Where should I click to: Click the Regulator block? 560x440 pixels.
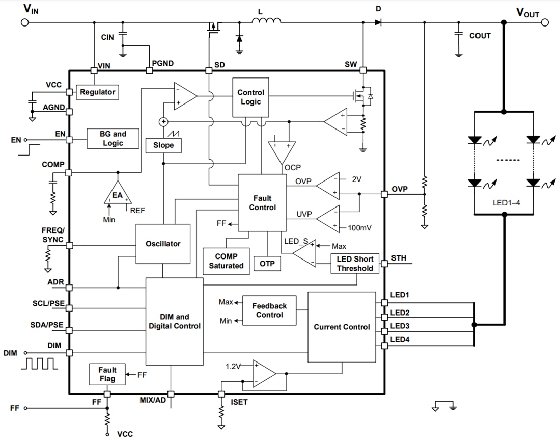98,92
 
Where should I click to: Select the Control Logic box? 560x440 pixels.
250,97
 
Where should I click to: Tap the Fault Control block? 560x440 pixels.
262,202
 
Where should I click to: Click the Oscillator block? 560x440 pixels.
163,244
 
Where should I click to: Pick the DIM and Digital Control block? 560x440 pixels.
174,321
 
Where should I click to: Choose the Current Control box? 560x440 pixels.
342,327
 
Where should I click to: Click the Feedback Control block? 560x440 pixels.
269,310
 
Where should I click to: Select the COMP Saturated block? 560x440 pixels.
226,261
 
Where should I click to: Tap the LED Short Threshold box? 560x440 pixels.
355,264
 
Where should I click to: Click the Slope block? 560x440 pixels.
163,145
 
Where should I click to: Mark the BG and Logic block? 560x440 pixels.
113,138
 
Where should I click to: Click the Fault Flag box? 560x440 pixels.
107,374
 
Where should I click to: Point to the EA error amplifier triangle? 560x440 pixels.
118,194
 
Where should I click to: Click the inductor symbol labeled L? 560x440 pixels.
266,21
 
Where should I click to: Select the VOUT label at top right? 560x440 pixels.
527,13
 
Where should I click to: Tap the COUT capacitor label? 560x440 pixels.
480,36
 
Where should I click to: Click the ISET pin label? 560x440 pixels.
239,402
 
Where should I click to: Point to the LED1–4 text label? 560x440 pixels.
505,202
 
